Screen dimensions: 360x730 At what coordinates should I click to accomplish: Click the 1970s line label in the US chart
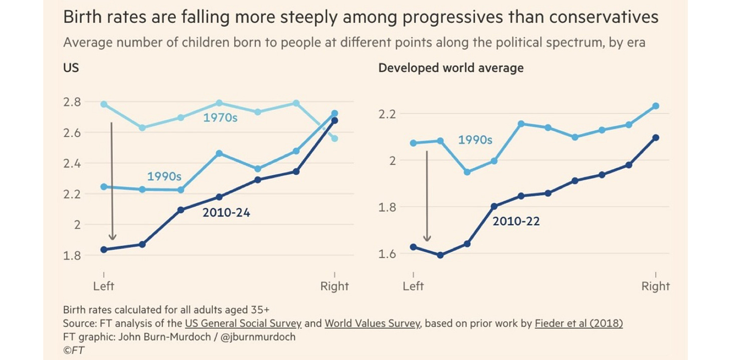point(220,119)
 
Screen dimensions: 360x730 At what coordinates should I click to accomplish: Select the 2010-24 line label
point(226,213)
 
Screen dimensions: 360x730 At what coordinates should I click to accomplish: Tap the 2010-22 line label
point(516,221)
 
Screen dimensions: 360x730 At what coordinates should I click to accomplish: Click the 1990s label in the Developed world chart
point(475,140)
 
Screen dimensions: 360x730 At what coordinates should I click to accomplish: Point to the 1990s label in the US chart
point(164,176)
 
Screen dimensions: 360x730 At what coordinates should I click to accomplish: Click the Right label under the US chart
point(334,286)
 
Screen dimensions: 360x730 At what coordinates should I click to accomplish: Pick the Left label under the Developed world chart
point(413,286)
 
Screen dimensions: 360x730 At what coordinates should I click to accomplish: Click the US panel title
point(71,67)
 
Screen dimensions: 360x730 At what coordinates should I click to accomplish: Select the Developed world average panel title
point(451,68)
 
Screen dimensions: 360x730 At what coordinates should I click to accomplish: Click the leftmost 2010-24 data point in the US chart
point(104,249)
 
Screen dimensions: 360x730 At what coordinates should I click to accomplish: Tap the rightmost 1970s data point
point(334,138)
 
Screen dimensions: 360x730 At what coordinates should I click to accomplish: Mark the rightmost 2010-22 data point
point(656,137)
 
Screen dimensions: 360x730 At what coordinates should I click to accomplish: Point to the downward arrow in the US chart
point(112,181)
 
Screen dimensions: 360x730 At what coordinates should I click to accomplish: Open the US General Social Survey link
point(243,323)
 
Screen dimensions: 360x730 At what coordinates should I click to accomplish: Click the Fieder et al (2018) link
point(579,323)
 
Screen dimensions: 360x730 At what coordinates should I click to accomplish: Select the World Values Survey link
point(372,323)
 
